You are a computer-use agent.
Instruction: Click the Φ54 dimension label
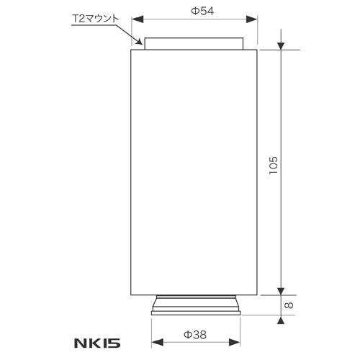coord(201,11)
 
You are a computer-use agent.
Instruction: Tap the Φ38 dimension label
coord(194,336)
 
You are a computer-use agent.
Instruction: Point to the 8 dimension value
coord(289,305)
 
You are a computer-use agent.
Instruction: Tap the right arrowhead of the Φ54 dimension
coord(253,21)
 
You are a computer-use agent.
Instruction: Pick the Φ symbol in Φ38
coord(187,336)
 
